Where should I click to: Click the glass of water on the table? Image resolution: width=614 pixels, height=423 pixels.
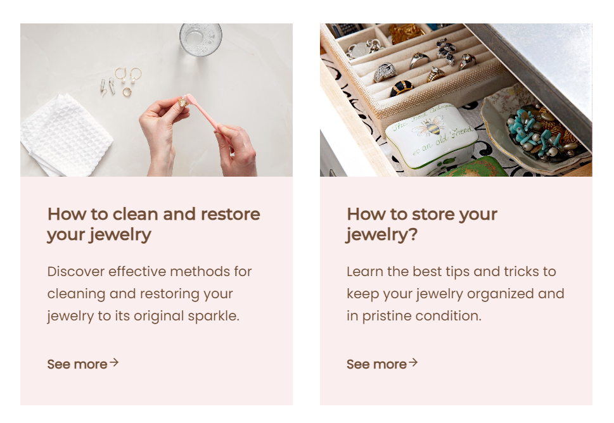[x=200, y=39]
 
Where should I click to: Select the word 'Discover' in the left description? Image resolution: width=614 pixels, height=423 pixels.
[x=76, y=271]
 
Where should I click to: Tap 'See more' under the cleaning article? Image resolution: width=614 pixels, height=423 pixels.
[x=77, y=364]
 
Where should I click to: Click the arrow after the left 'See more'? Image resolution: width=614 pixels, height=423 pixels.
[x=114, y=362]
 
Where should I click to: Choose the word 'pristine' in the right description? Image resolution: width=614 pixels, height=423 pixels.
[x=387, y=316]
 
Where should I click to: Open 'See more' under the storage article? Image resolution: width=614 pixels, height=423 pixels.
[x=377, y=364]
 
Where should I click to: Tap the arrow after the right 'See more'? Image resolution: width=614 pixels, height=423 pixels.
[x=413, y=362]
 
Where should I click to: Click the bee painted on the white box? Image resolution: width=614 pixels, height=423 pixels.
[x=431, y=127]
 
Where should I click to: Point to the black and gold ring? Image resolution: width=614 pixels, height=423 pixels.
[x=401, y=88]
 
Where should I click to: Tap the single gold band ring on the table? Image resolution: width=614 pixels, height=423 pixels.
[x=127, y=92]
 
